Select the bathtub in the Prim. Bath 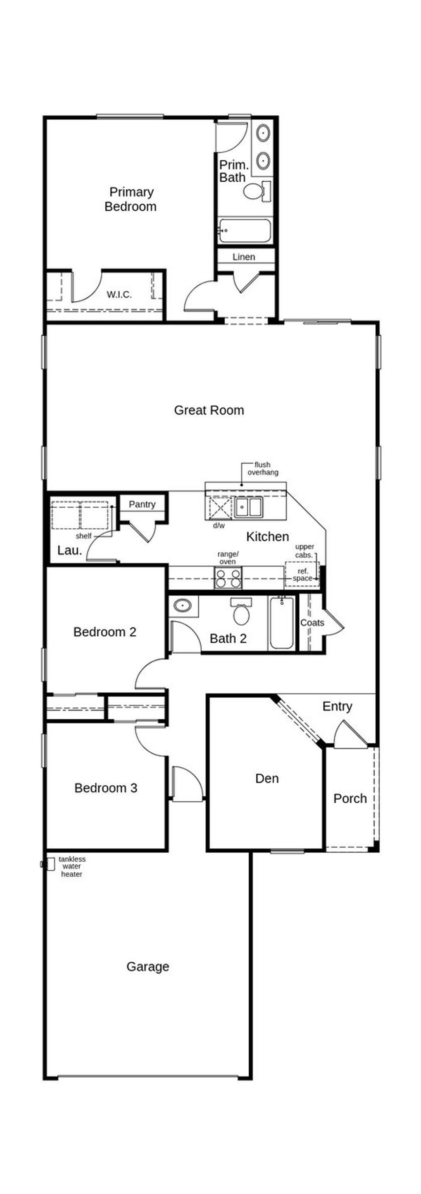point(244,230)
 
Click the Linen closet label point(244,257)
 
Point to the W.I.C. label point(119,294)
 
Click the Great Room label point(209,410)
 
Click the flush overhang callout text point(262,468)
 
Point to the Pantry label point(142,504)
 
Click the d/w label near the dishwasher point(219,526)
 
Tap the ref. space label point(303,575)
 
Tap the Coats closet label point(312,622)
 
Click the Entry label point(337,706)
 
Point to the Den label point(267,778)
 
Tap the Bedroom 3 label point(106,788)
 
